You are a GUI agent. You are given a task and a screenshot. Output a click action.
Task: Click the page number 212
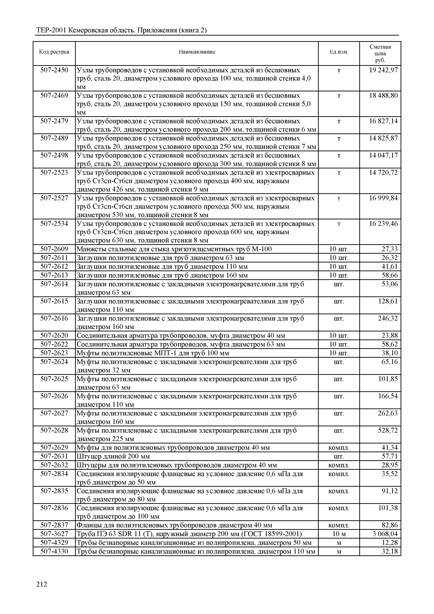click(x=41, y=584)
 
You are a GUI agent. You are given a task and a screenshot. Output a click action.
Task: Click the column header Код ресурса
click(x=54, y=52)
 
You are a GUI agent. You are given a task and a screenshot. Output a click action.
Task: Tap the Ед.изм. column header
click(x=339, y=52)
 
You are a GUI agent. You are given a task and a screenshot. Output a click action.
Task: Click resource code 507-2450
click(x=54, y=70)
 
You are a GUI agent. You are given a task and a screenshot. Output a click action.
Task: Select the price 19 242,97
click(x=383, y=70)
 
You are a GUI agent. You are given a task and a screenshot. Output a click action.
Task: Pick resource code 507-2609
click(x=54, y=249)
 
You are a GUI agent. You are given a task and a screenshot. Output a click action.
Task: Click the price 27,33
click(x=389, y=249)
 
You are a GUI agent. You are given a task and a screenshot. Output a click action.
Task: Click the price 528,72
click(x=387, y=430)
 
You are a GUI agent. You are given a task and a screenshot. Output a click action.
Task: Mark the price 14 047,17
click(x=383, y=155)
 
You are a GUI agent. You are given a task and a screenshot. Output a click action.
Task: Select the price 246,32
click(x=387, y=318)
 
